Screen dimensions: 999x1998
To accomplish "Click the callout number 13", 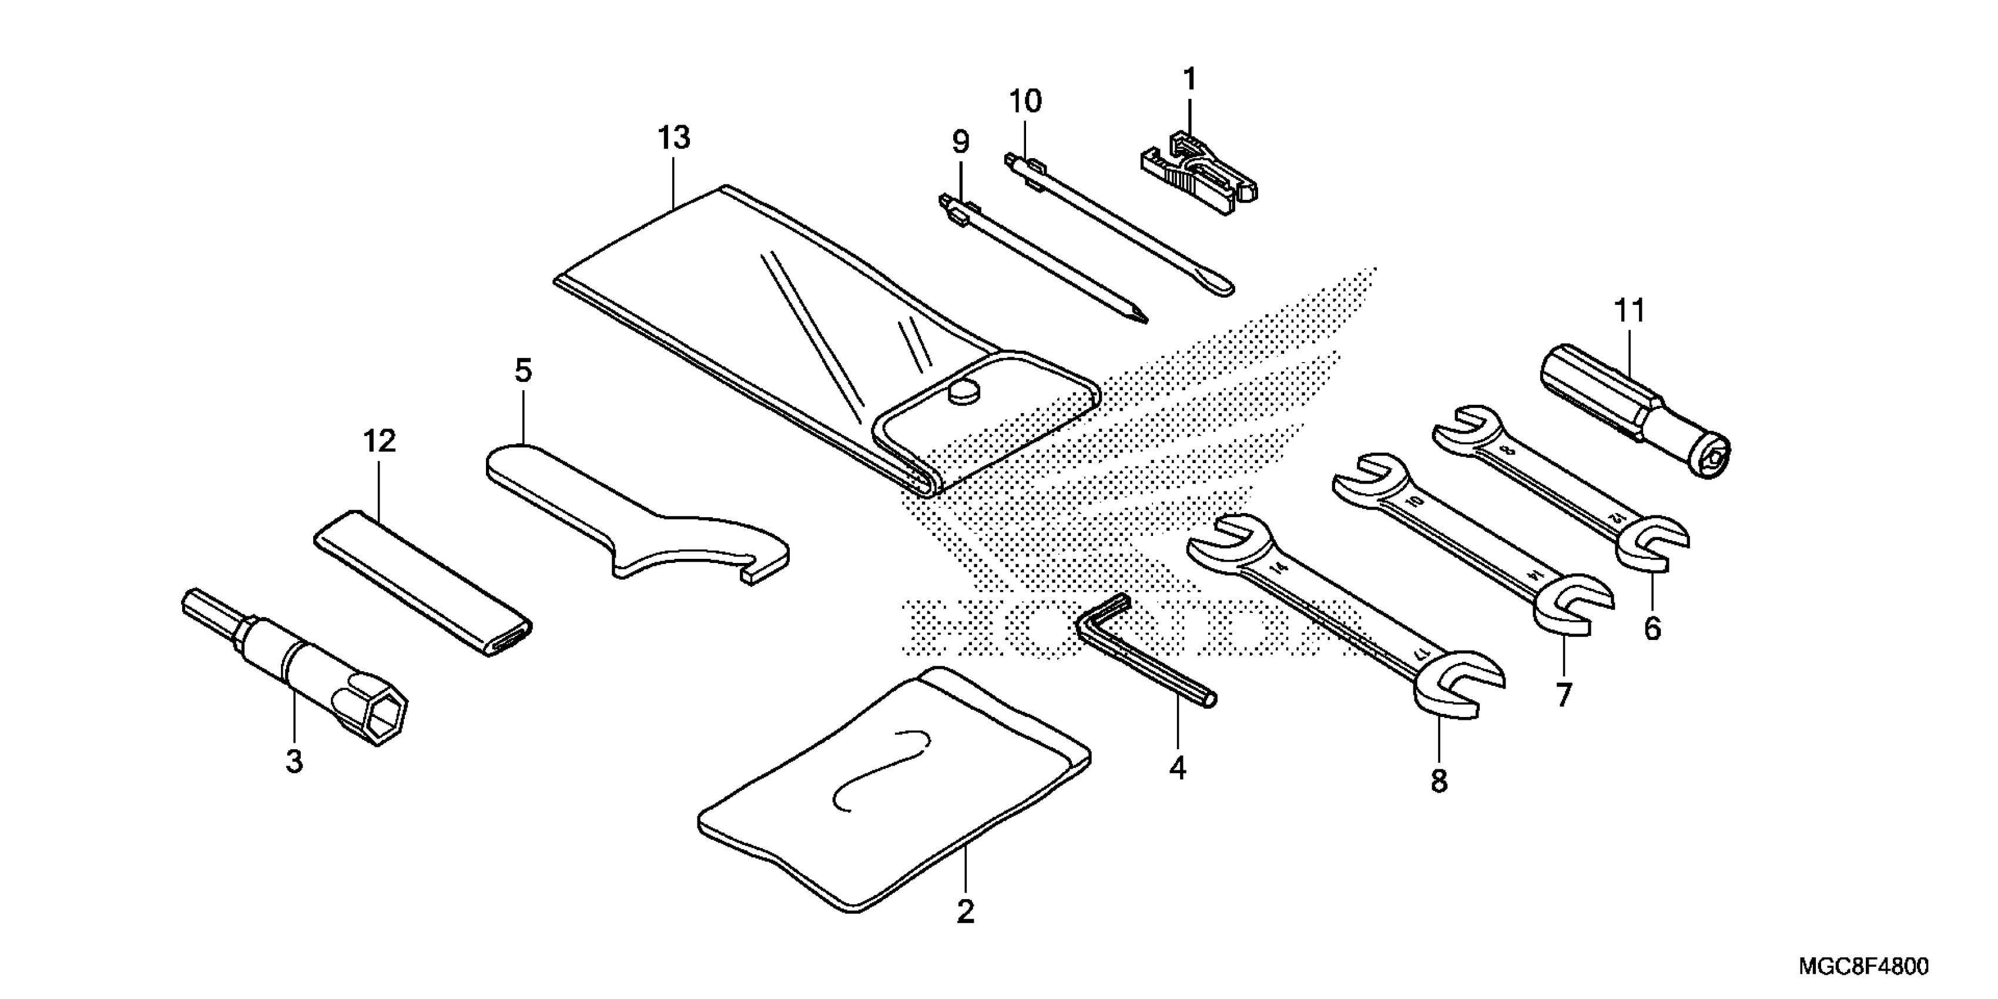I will pyautogui.click(x=673, y=138).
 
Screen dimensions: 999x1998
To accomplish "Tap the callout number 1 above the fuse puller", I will pyautogui.click(x=1189, y=79).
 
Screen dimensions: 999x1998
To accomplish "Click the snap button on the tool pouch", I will pyautogui.click(x=964, y=394).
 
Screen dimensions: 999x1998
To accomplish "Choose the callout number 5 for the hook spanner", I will pyautogui.click(x=524, y=371).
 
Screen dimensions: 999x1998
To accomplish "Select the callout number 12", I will pyautogui.click(x=379, y=441).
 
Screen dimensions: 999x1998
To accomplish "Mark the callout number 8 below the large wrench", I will pyautogui.click(x=1439, y=780).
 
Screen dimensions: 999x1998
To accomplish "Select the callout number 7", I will pyautogui.click(x=1564, y=695).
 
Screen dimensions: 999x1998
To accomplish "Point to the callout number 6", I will pyautogui.click(x=1652, y=628).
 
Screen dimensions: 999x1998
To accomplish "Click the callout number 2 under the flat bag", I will pyautogui.click(x=965, y=911).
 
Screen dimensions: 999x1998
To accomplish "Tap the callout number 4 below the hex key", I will pyautogui.click(x=1178, y=768).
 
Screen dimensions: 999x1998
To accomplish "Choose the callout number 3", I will pyautogui.click(x=294, y=761).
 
